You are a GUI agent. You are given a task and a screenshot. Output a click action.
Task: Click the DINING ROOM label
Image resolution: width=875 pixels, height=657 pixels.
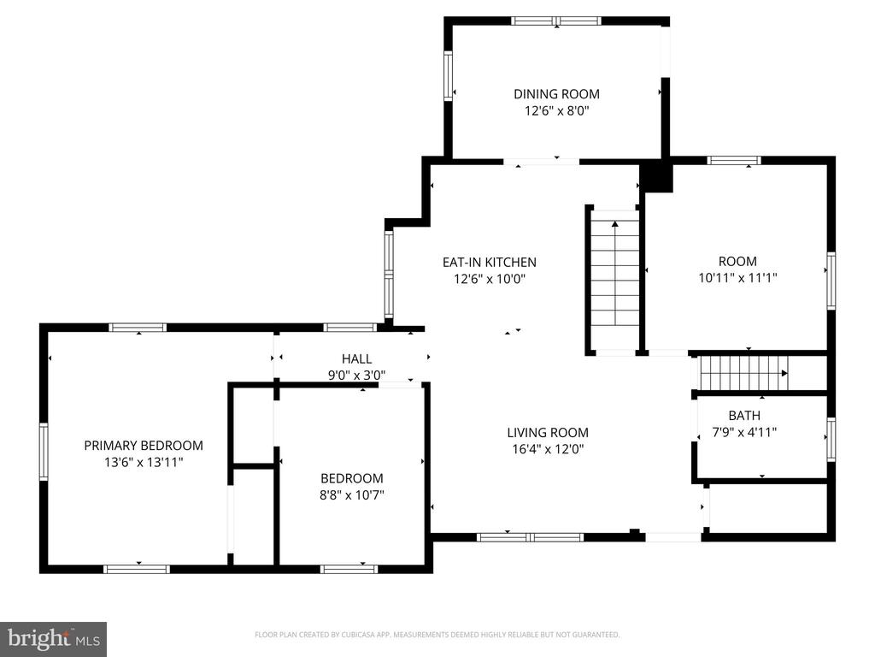pyautogui.click(x=556, y=94)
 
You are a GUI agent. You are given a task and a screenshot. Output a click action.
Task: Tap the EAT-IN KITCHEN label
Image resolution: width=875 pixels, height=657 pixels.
pyautogui.click(x=489, y=263)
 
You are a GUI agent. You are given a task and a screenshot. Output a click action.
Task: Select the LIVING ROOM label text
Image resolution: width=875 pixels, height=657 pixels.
pyautogui.click(x=547, y=433)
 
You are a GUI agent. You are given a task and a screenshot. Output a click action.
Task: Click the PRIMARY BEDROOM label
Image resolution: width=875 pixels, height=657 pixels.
pyautogui.click(x=144, y=445)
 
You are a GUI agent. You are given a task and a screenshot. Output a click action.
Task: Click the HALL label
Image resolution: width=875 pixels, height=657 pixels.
pyautogui.click(x=356, y=359)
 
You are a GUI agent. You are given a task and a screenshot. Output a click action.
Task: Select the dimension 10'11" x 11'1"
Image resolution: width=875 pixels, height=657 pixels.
pyautogui.click(x=737, y=278)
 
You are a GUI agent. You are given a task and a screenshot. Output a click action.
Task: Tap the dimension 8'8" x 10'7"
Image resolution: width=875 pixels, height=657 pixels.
pyautogui.click(x=352, y=494)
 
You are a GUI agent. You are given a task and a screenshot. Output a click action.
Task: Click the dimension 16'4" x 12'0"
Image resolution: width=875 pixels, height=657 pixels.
pyautogui.click(x=547, y=449)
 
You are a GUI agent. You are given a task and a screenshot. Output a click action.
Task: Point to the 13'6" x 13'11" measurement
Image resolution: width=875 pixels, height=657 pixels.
pyautogui.click(x=144, y=462)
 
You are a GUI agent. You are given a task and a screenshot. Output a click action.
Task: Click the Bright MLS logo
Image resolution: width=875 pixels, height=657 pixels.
pyautogui.click(x=53, y=638)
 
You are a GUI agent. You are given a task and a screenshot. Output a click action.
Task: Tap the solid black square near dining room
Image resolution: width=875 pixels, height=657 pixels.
pyautogui.click(x=657, y=177)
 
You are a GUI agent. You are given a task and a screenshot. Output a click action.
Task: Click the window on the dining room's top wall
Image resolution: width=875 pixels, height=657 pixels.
pyautogui.click(x=556, y=21)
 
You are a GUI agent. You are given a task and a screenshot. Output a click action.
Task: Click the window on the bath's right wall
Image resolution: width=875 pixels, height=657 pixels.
pyautogui.click(x=831, y=440)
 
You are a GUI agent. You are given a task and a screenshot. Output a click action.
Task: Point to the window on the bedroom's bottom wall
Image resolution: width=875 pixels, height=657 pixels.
pyautogui.click(x=349, y=568)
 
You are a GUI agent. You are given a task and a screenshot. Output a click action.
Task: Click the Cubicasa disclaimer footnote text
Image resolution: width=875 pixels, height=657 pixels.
pyautogui.click(x=437, y=635)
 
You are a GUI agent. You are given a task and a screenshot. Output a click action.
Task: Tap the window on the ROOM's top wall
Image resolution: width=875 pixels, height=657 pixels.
pyautogui.click(x=734, y=160)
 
